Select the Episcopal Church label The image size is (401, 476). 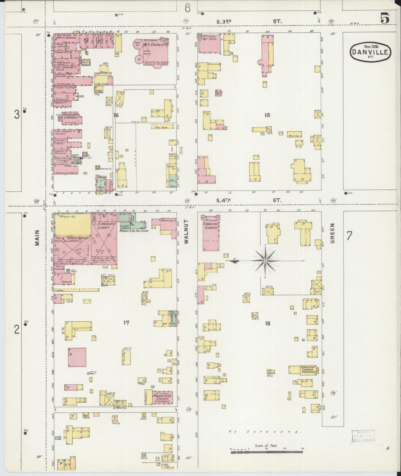coord(71,116)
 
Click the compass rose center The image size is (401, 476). coord(265,261)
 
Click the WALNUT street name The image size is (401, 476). coord(186,232)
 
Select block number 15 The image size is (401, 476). coord(267,115)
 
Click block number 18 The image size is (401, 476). coord(267,323)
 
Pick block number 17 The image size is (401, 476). coord(126,322)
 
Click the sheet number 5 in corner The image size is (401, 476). coord(384,19)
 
